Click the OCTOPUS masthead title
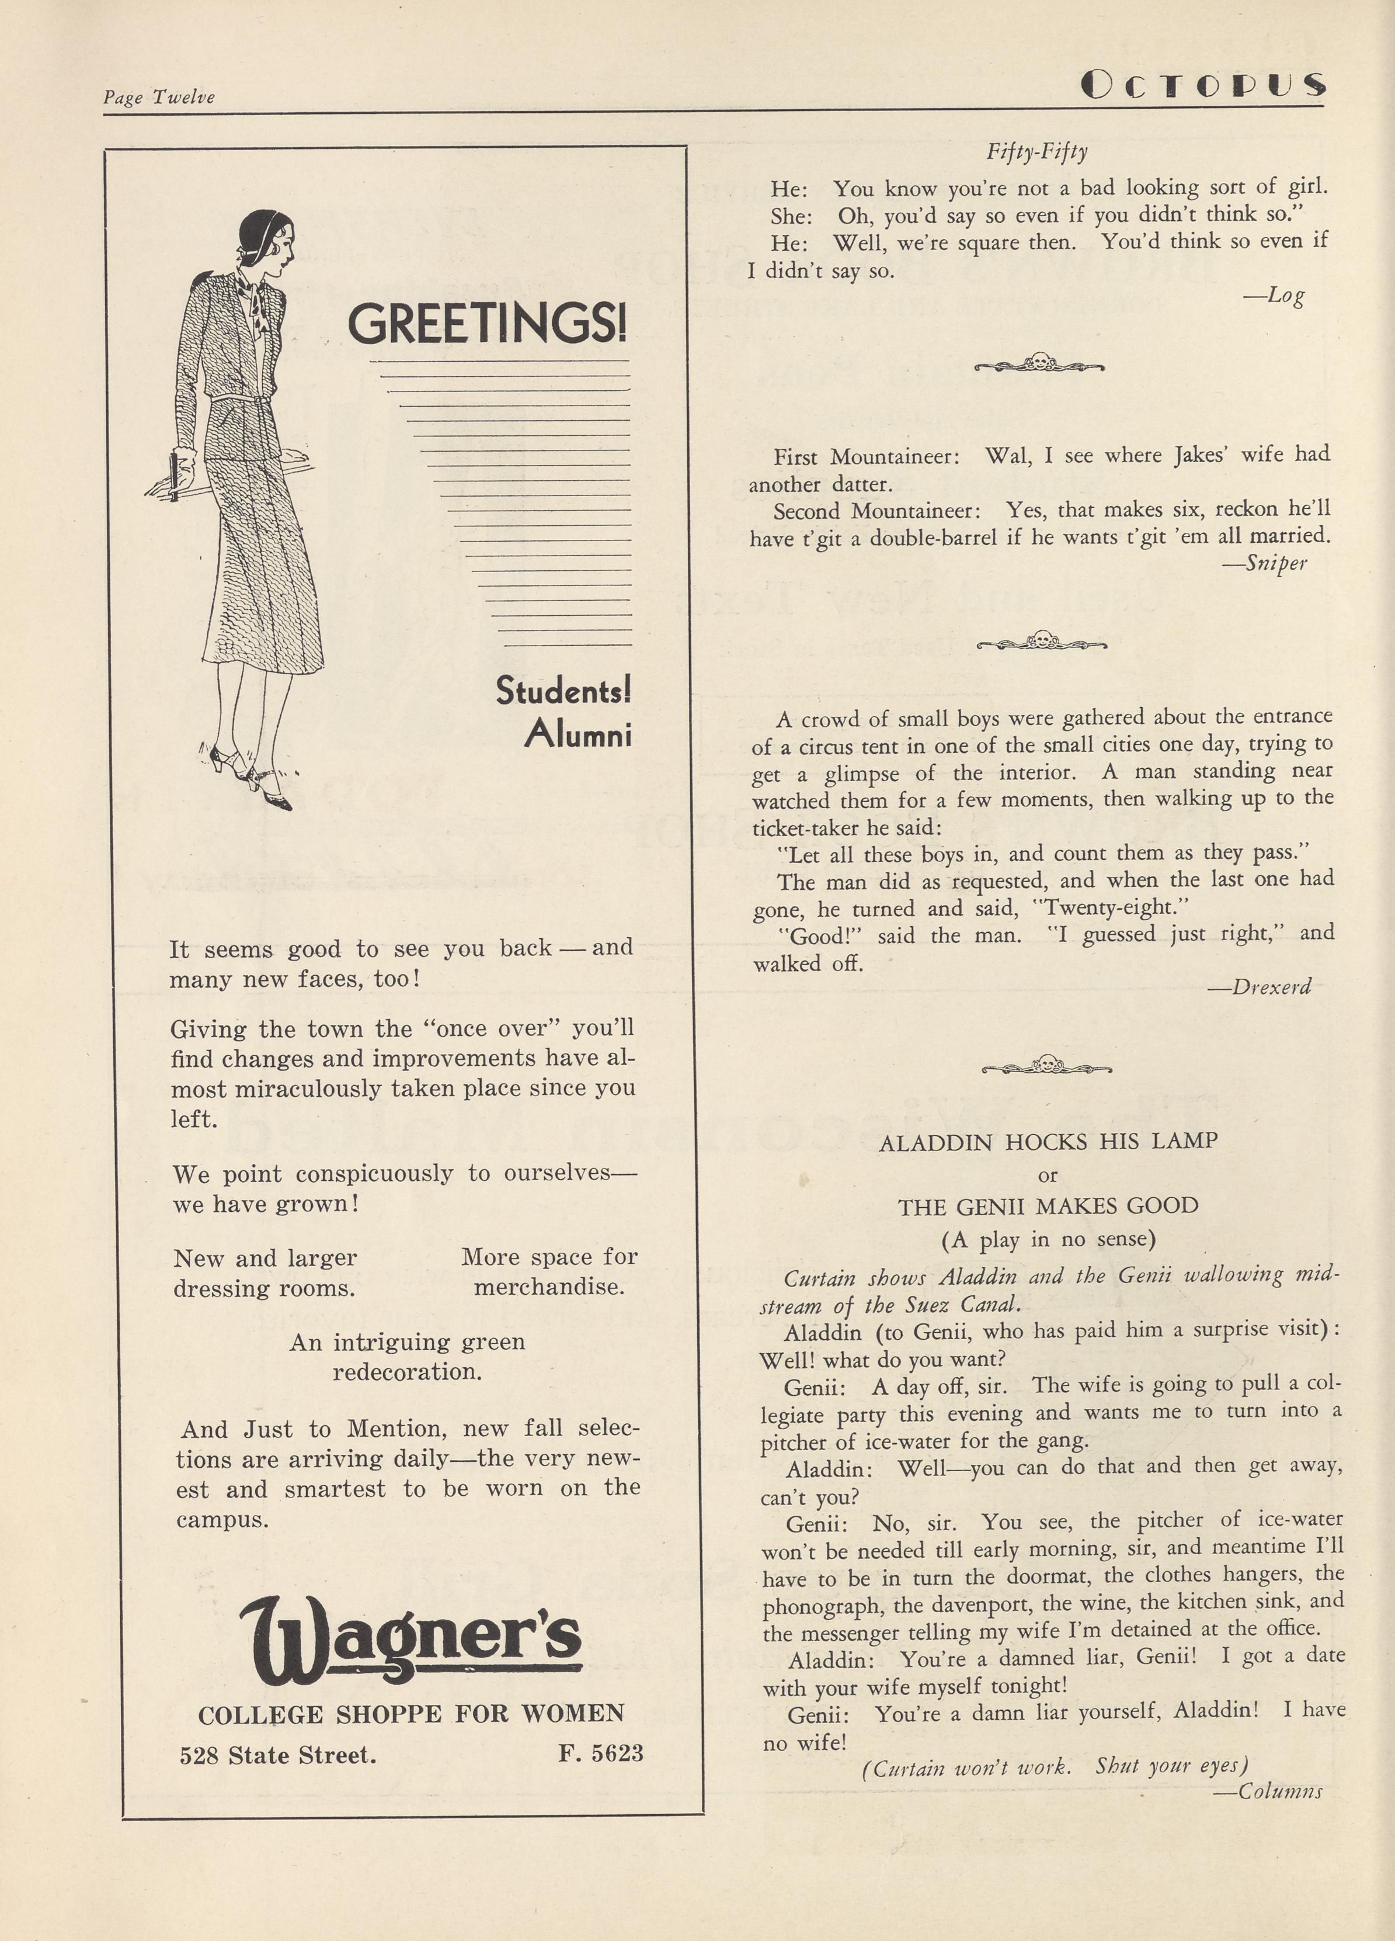pyautogui.click(x=1202, y=84)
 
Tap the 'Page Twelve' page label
pyautogui.click(x=159, y=98)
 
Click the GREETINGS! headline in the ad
pyautogui.click(x=486, y=324)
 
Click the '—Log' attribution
pyautogui.click(x=1274, y=296)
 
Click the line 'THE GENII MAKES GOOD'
pyautogui.click(x=1048, y=1206)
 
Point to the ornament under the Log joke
pyautogui.click(x=1039, y=364)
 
